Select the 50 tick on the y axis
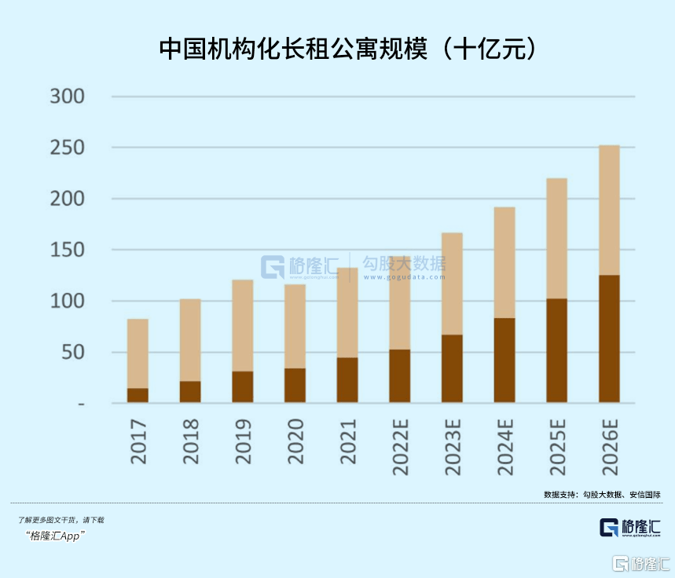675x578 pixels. click(74, 353)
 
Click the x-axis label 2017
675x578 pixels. click(138, 441)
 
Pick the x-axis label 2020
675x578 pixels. click(295, 441)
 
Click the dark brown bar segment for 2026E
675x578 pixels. click(609, 338)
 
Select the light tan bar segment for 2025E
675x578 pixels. click(557, 238)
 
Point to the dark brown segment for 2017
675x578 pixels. click(138, 395)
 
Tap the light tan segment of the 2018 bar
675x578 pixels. click(190, 339)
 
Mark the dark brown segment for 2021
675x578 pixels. click(347, 380)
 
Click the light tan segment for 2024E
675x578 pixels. click(504, 262)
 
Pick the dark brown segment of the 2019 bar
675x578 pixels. click(243, 386)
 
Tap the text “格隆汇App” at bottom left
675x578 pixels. click(56, 536)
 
